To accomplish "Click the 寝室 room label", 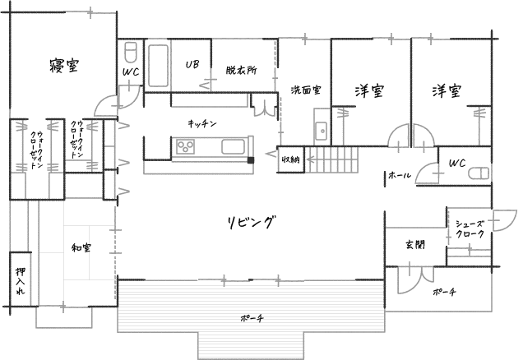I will point(63,66).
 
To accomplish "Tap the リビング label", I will point(250,222).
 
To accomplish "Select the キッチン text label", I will point(201,123).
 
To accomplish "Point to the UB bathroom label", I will point(192,64).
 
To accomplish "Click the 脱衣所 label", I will point(241,71).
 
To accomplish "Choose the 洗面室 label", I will point(305,89).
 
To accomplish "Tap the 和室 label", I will point(81,247).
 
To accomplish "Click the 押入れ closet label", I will point(21,282).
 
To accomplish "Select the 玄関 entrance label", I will point(414,244).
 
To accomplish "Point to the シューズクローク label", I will point(469,228).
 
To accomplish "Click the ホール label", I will point(399,175).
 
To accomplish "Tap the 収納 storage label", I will point(289,158).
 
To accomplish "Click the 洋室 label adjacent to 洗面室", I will point(372,90).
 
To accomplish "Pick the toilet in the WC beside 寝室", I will point(130,53).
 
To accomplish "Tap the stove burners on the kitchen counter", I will point(185,148).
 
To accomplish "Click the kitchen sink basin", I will point(233,148).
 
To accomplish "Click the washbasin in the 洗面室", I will point(319,130).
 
